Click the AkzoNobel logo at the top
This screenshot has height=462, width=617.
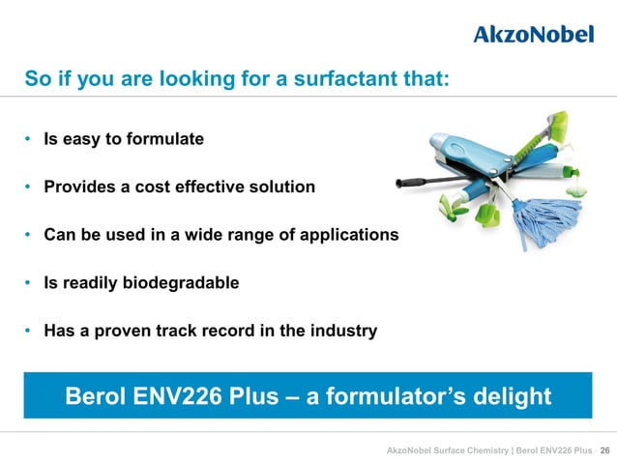[534, 34]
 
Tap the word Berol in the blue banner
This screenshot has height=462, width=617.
[96, 396]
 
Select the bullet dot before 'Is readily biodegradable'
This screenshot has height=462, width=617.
[29, 283]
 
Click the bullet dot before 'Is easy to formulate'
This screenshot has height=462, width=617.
[29, 139]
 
